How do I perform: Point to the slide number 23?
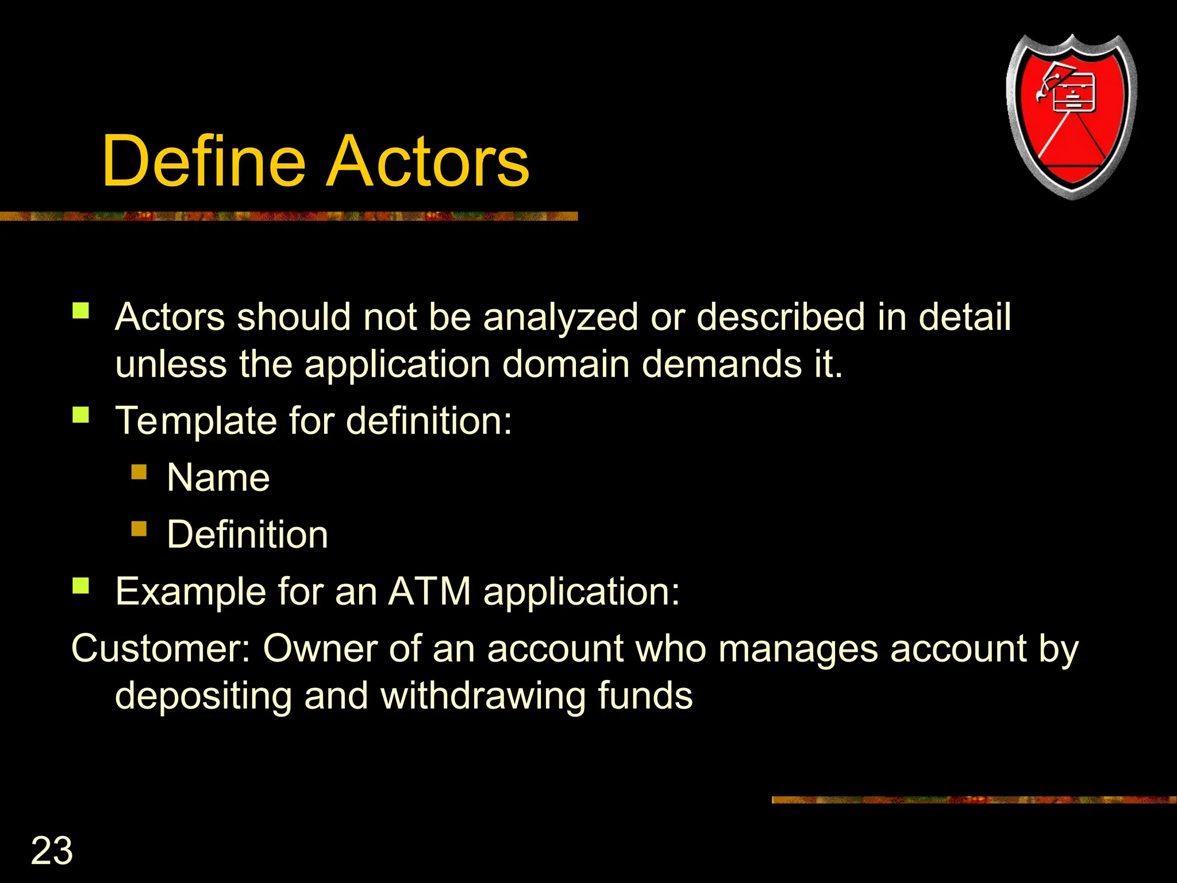click(x=52, y=850)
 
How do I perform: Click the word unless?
click(x=171, y=364)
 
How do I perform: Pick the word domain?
click(x=566, y=364)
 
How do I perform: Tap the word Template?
click(x=197, y=420)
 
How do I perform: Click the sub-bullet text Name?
click(x=218, y=478)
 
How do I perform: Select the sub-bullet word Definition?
click(x=247, y=535)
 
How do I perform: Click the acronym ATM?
click(x=430, y=591)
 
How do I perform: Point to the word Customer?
click(x=161, y=648)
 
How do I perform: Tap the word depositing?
click(x=204, y=696)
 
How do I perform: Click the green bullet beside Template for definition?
click(x=81, y=414)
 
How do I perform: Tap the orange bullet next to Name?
click(x=139, y=473)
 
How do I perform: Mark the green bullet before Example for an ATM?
click(x=81, y=586)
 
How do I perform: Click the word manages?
click(x=798, y=648)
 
